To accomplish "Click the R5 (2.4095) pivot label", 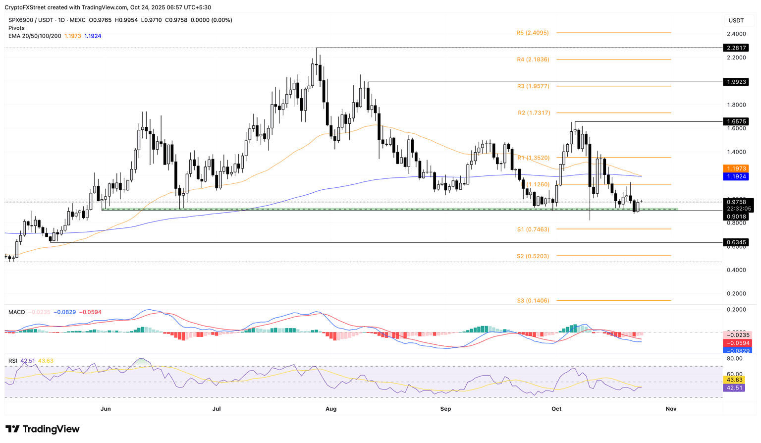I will (x=533, y=33).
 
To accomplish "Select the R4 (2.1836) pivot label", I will (x=533, y=59).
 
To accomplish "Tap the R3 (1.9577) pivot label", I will (x=533, y=86).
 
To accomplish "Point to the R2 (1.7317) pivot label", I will (x=534, y=113).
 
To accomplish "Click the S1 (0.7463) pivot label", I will (x=533, y=229).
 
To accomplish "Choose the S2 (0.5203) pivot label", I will (x=533, y=256).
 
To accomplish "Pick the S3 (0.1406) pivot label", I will (x=533, y=301).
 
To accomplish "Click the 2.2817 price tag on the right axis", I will (x=736, y=48).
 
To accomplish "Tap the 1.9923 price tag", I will (x=736, y=82).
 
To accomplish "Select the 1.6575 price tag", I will (x=736, y=121).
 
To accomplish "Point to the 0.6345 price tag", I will (x=736, y=242).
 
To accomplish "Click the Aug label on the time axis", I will (x=331, y=409).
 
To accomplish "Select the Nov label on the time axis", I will (x=671, y=409).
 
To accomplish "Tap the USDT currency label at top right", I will (x=736, y=20).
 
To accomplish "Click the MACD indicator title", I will (x=16, y=312).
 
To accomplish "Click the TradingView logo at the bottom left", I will (x=43, y=429).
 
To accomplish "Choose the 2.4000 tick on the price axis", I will (x=736, y=34).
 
